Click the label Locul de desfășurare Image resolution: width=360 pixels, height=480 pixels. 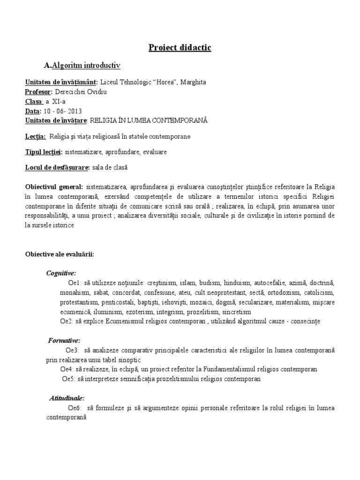tap(58, 167)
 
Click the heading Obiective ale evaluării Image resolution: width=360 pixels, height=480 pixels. tap(60, 254)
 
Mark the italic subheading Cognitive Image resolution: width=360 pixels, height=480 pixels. tap(61, 273)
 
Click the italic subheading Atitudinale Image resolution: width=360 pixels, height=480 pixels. tap(67, 398)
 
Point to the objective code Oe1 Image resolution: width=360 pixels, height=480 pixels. tap(75, 283)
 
